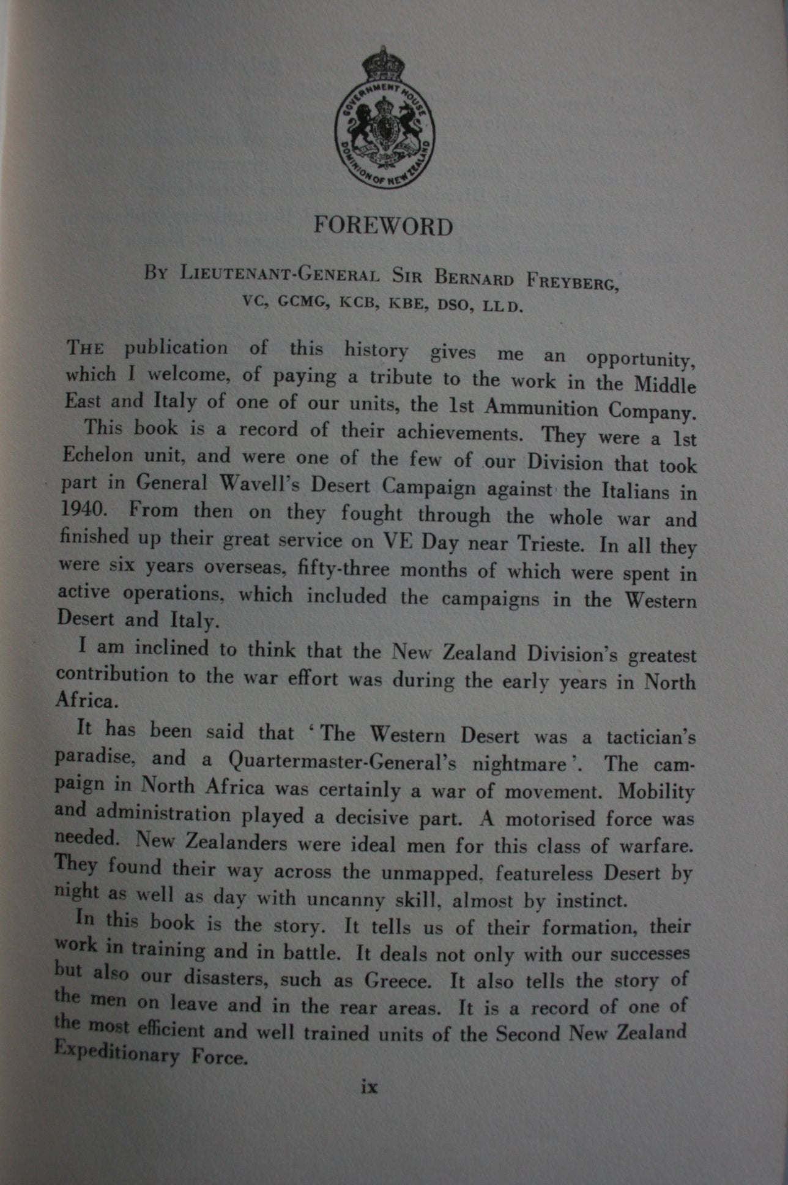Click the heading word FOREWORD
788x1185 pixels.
tap(383, 226)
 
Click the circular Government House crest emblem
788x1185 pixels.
tap(384, 132)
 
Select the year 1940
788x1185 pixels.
tap(83, 509)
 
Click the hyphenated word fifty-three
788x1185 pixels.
tap(343, 569)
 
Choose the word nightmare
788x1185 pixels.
tap(519, 764)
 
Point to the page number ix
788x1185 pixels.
tap(370, 1086)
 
